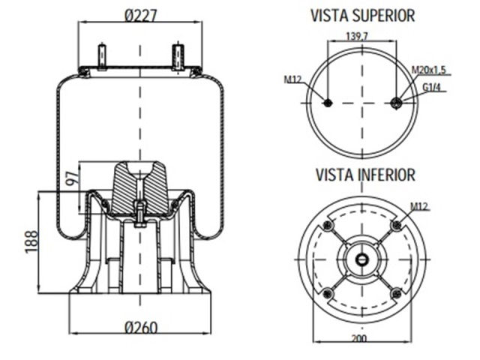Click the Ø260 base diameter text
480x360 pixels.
click(141, 328)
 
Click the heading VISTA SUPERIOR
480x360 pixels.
click(362, 15)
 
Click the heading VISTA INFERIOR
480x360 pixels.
click(364, 175)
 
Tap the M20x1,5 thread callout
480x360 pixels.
click(428, 70)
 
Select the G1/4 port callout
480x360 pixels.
click(431, 87)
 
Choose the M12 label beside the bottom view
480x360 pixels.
click(421, 205)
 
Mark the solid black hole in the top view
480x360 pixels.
click(327, 103)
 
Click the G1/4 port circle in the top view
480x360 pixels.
click(397, 103)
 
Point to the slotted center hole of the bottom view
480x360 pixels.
click(361, 259)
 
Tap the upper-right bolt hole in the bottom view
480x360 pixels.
click(396, 226)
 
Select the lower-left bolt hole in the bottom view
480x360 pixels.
click(327, 293)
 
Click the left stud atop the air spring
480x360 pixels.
click(103, 57)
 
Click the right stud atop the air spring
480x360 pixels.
click(178, 57)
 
